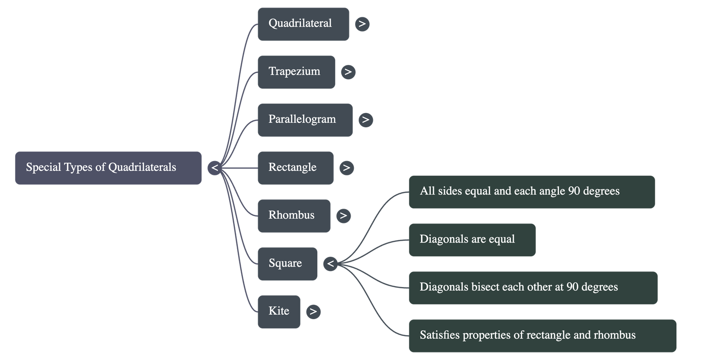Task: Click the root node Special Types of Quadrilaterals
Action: pos(108,168)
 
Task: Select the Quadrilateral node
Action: pos(303,24)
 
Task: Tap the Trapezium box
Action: pos(296,72)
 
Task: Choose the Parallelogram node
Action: pos(305,120)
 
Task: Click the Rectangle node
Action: pos(295,168)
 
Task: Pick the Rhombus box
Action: pos(294,216)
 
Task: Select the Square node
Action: pos(287,264)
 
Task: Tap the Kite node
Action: pos(279,311)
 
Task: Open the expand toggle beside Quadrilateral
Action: pos(362,24)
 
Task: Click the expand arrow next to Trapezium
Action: pos(348,72)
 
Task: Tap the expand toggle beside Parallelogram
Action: pos(366,120)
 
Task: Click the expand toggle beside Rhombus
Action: pos(343,216)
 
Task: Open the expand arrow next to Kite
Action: pos(313,311)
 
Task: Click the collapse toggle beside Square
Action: pos(330,264)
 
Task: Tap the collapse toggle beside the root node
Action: pos(214,168)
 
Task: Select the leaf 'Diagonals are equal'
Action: pos(472,240)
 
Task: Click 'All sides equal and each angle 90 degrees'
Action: pos(532,192)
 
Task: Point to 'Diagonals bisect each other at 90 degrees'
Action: pos(533,287)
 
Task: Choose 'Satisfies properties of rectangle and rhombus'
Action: pos(542,336)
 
